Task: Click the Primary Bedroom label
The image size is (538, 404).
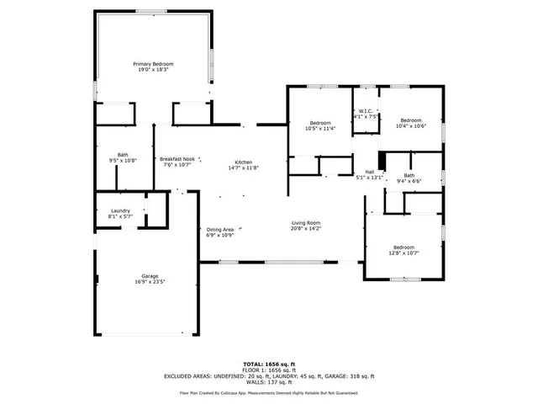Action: (x=153, y=64)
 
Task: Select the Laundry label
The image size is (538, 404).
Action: (x=120, y=211)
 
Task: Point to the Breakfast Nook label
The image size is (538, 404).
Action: (x=177, y=159)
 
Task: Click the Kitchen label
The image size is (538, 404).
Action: (x=243, y=162)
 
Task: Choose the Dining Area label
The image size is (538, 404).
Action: (x=219, y=229)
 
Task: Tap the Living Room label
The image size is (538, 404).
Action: (x=306, y=222)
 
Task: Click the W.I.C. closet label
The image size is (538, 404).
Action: (x=366, y=111)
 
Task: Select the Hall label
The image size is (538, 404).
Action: (x=369, y=172)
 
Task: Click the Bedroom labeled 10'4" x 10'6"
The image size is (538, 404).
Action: (x=411, y=120)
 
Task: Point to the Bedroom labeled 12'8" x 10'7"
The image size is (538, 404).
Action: (x=404, y=247)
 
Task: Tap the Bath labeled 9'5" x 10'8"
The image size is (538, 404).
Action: (x=123, y=155)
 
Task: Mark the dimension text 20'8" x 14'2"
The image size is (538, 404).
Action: (x=306, y=228)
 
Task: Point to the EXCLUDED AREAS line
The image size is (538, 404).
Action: (x=268, y=376)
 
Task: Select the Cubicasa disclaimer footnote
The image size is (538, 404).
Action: (x=268, y=392)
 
